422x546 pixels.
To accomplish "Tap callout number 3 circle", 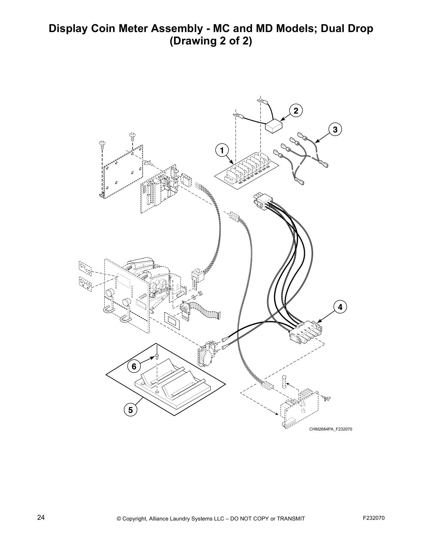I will pyautogui.click(x=335, y=130).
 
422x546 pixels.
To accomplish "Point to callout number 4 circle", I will pyautogui.click(x=340, y=307).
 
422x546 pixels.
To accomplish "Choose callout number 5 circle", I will pyautogui.click(x=130, y=410).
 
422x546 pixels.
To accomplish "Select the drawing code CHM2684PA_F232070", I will pyautogui.click(x=330, y=429).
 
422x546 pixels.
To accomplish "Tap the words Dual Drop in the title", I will pyautogui.click(x=347, y=28).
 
